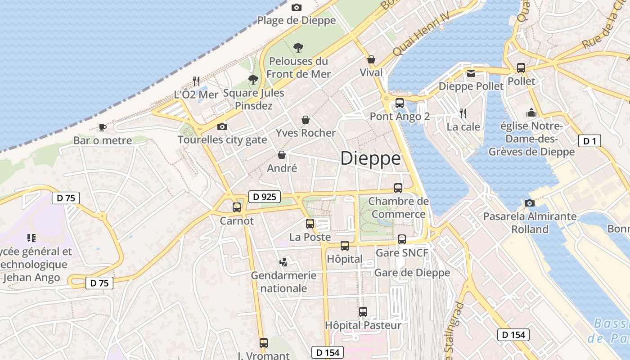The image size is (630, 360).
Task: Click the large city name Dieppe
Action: pos(370,158)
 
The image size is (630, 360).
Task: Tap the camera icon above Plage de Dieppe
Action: pos(296,7)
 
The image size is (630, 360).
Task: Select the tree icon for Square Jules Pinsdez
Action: pos(253,80)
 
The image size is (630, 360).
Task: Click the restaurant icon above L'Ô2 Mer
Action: pos(196,81)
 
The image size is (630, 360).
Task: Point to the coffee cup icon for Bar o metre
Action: pos(103,127)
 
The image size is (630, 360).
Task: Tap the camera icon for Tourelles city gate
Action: pos(222,126)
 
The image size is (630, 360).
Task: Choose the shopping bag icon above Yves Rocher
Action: pos(306,120)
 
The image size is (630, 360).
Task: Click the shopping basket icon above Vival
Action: pos(371,59)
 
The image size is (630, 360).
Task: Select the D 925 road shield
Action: pos(265,197)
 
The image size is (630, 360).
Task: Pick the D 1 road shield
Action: pos(589,141)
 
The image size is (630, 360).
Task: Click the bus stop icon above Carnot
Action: pos(237,207)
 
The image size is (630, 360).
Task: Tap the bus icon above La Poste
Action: pos(310,224)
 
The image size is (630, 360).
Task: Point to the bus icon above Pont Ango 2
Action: pos(400,103)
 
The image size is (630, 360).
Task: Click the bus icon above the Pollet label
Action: pos(521,68)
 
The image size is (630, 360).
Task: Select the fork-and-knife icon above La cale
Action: pos(463,113)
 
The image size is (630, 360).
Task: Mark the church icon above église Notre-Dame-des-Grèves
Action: pos(531,112)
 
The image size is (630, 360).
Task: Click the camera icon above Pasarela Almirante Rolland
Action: pos(530,203)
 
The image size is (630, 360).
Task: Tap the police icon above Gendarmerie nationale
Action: pos(283,261)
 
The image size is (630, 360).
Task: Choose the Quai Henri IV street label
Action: pos(421,34)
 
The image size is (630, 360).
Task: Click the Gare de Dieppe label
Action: pos(412,273)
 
